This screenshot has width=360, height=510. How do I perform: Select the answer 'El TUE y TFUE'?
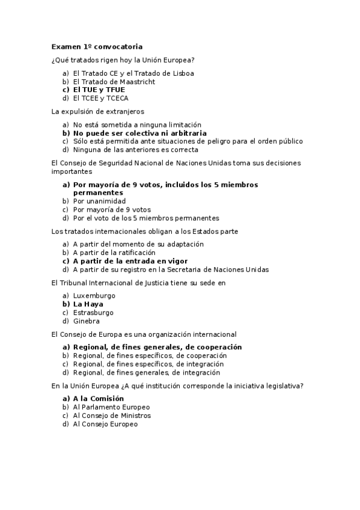tap(99, 90)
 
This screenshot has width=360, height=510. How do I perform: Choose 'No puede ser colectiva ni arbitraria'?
tap(139, 133)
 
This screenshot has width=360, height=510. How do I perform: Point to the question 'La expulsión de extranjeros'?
tap(97, 111)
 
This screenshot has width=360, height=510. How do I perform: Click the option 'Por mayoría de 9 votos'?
tap(111, 209)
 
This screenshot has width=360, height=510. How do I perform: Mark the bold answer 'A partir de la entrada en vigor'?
tap(130, 261)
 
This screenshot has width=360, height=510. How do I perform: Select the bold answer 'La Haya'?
tap(88, 304)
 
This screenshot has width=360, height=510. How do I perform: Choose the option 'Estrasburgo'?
tap(93, 313)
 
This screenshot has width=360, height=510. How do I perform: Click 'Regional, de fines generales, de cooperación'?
tap(157, 347)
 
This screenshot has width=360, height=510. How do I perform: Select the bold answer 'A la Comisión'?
tap(98, 399)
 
